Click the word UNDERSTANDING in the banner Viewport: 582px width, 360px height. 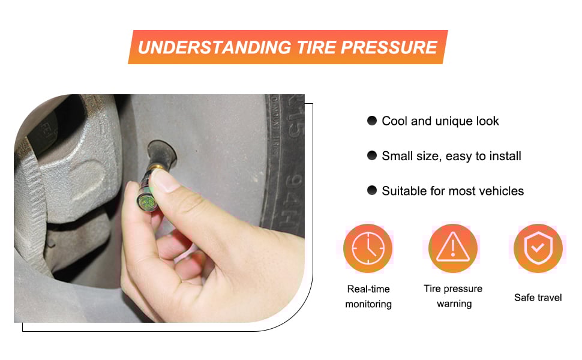pos(208,47)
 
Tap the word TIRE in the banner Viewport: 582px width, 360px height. pos(306,47)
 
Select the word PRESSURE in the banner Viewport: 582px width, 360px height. pos(388,47)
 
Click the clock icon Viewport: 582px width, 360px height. pos(368,248)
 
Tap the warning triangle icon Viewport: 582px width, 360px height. pos(454,248)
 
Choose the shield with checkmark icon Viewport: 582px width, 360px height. pos(538,248)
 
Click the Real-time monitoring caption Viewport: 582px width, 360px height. pos(368,296)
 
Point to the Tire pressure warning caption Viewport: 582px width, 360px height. pos(454,296)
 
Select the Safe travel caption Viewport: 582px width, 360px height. pos(538,298)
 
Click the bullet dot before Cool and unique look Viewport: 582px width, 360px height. pos(372,121)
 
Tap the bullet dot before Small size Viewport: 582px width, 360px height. pos(372,156)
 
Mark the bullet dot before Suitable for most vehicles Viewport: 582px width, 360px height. pos(372,191)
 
